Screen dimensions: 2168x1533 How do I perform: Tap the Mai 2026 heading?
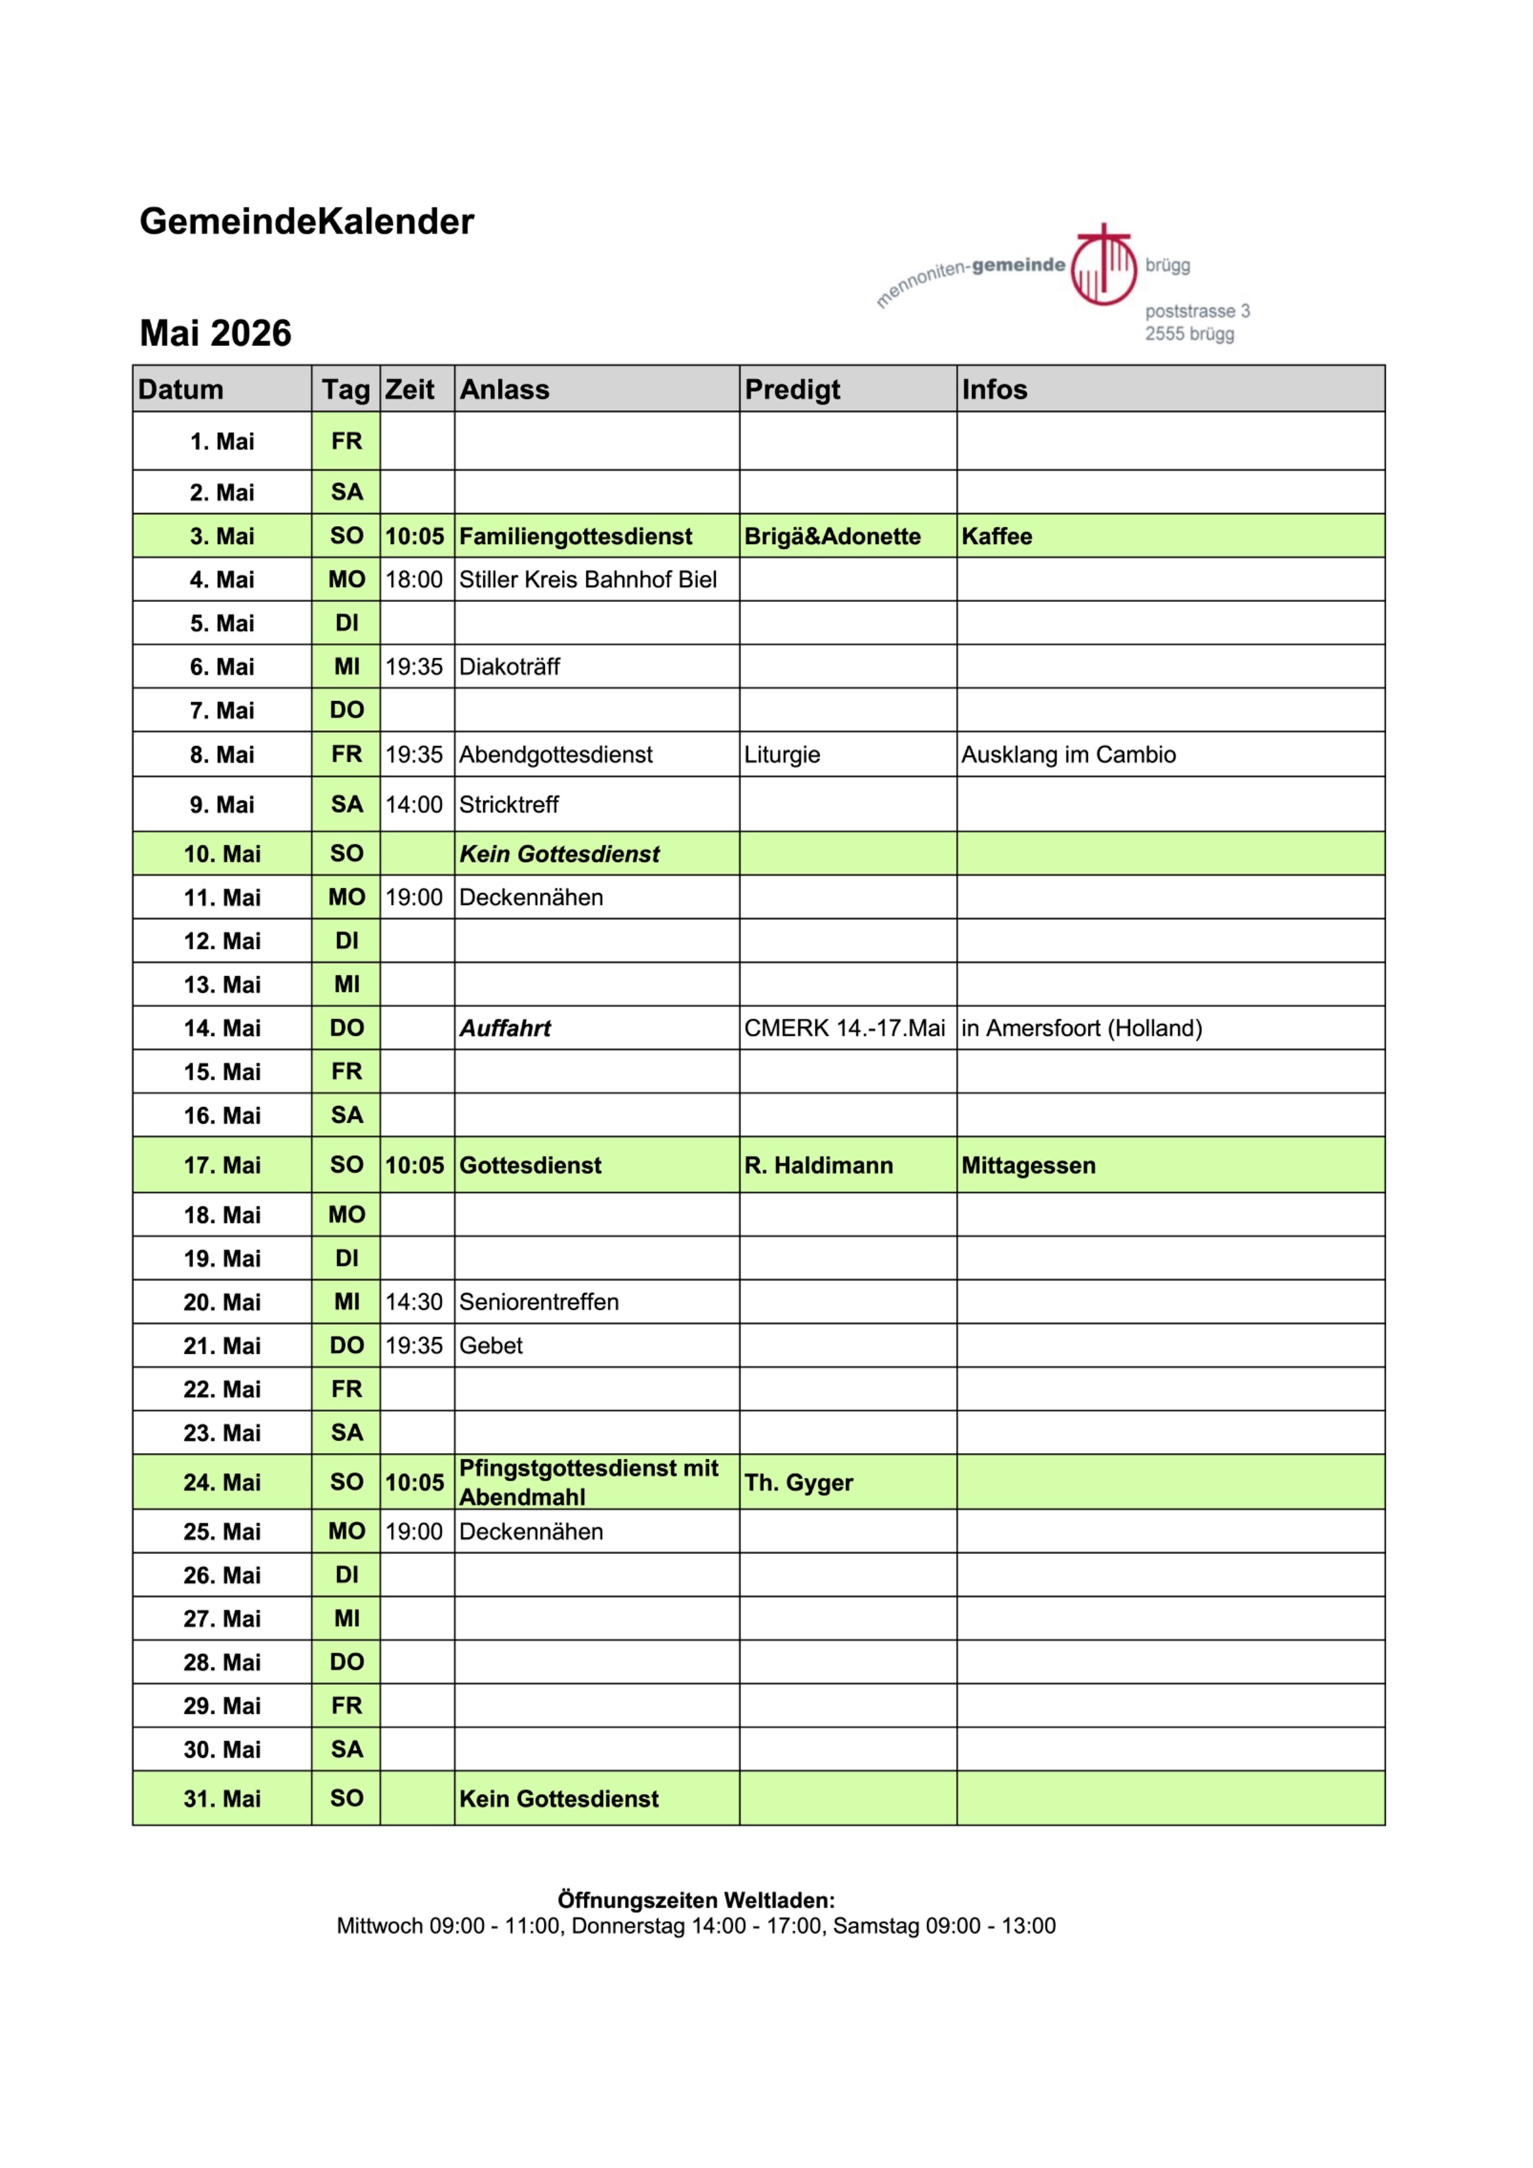coord(215,333)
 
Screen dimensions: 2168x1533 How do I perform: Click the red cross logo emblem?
coord(1103,265)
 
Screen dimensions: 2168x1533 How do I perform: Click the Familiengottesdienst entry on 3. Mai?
coord(575,536)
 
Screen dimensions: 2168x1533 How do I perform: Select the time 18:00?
coord(414,580)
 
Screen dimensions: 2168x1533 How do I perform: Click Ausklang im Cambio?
coord(1068,755)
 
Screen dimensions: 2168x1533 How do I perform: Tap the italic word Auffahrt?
coord(505,1028)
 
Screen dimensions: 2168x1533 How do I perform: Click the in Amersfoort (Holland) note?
coord(1081,1028)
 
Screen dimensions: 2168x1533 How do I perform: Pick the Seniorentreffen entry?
coord(538,1302)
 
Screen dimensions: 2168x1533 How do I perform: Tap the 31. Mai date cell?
coord(222,1799)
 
